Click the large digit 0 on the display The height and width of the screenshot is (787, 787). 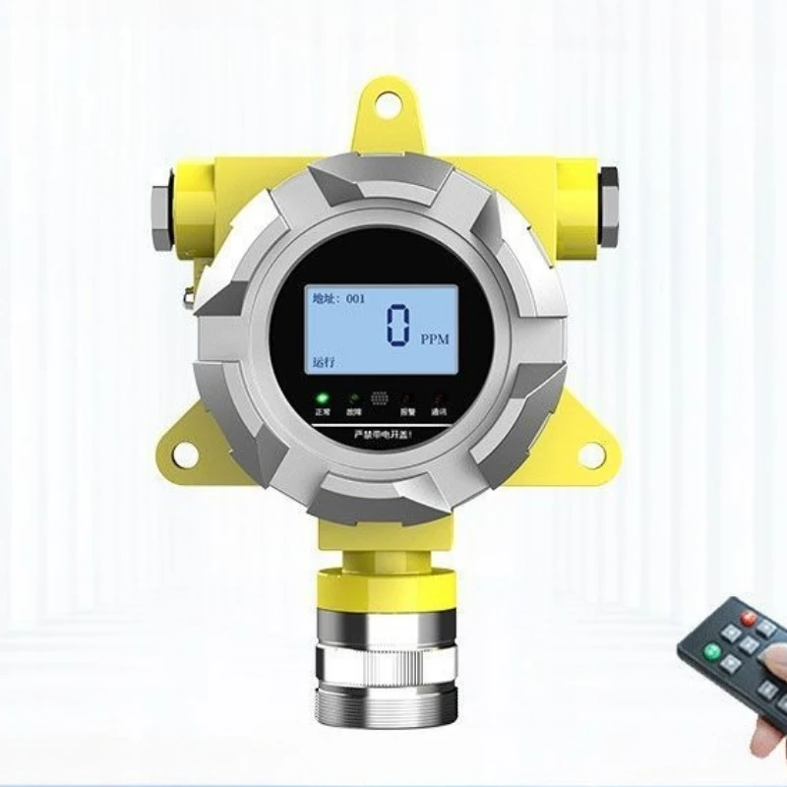pos(397,326)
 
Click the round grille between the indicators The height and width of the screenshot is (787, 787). pos(380,401)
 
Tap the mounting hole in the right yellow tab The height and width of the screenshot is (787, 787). pos(591,454)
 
